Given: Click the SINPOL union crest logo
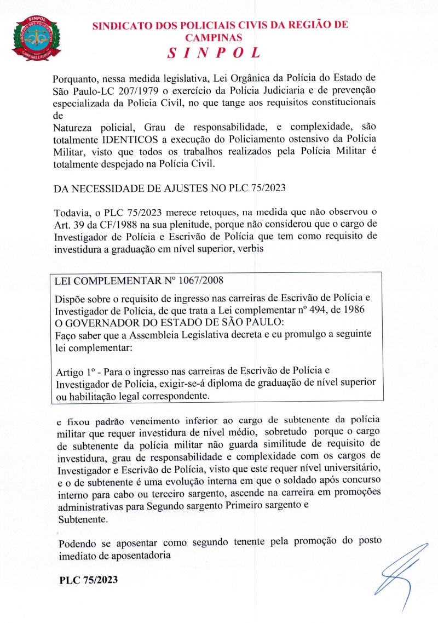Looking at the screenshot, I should tap(36, 38).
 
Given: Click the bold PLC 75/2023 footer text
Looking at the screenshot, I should tap(88, 580).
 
